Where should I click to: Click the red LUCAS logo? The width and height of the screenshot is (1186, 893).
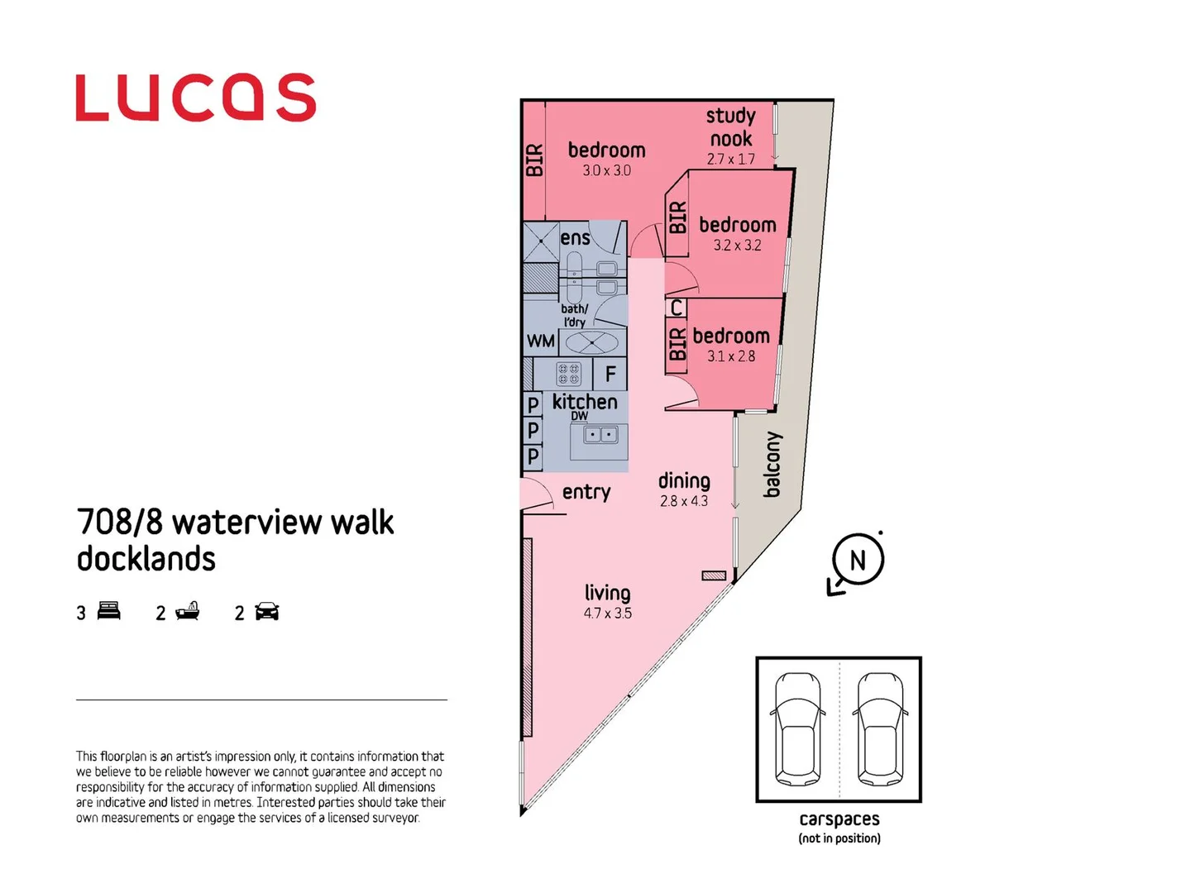click(196, 98)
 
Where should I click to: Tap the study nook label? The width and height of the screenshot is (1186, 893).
click(731, 127)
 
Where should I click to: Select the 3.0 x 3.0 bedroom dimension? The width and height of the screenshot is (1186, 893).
click(606, 170)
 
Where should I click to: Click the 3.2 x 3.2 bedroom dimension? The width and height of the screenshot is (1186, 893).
click(737, 246)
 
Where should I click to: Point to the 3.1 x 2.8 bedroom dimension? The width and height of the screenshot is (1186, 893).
click(731, 356)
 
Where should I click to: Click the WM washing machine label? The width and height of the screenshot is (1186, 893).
click(541, 341)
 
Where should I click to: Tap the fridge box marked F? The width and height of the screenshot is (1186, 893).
click(610, 375)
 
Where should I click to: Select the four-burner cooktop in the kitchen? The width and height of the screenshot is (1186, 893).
click(568, 374)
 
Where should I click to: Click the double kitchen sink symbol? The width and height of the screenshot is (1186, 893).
click(600, 434)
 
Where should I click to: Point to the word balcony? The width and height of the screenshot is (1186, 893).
click(772, 464)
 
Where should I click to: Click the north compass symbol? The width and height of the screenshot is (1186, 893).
click(858, 561)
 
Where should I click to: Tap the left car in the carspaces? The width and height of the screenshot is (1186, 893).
click(797, 728)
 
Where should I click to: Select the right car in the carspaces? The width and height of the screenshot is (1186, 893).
click(880, 728)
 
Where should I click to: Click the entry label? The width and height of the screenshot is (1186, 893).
click(586, 492)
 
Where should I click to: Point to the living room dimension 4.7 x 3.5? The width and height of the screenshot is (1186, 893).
click(607, 614)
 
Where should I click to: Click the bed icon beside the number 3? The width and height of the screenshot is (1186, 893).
click(108, 611)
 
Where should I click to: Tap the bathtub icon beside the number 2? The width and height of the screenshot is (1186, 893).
click(188, 611)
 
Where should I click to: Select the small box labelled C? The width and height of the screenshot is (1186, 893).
click(677, 308)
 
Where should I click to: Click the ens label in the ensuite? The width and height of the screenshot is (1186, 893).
click(575, 238)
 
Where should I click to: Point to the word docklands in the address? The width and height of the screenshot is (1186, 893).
click(146, 559)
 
